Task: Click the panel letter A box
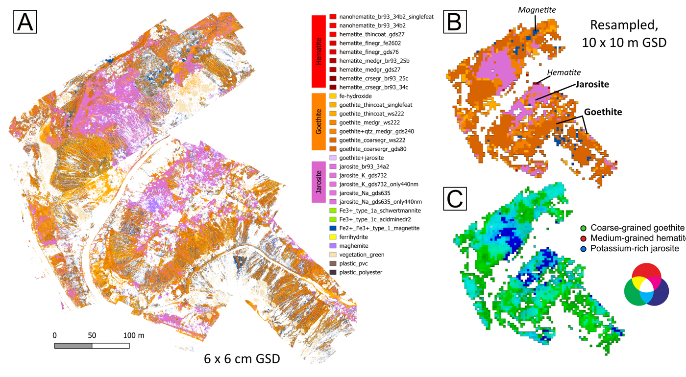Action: click(x=25, y=22)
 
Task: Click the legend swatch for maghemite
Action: click(x=333, y=246)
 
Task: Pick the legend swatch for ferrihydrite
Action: click(x=333, y=237)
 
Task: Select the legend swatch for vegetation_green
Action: click(x=333, y=255)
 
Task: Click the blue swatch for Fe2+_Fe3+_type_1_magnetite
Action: click(x=333, y=228)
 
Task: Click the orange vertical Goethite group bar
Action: click(x=318, y=122)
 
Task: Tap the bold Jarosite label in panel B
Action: click(x=592, y=84)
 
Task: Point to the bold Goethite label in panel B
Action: click(x=602, y=112)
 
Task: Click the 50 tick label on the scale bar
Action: click(x=92, y=335)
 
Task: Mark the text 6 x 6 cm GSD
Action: click(x=242, y=359)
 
